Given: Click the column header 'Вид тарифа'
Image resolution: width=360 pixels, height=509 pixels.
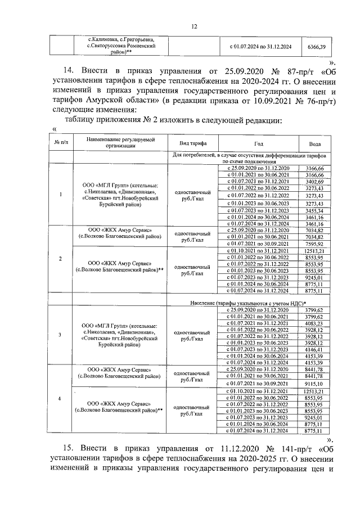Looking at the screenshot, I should click(191, 143).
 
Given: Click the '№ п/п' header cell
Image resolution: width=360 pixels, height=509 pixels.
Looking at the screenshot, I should click(61, 143).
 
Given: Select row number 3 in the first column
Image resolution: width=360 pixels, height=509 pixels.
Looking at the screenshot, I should click(61, 336).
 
